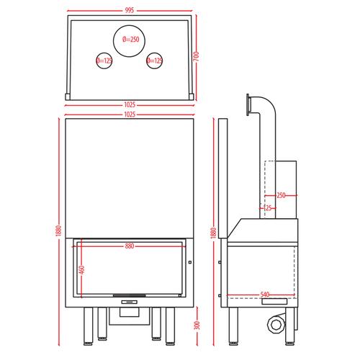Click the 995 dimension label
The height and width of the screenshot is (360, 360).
coord(130,10)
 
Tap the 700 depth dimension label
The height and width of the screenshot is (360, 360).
coord(196,56)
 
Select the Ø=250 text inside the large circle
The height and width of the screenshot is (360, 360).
coord(131,40)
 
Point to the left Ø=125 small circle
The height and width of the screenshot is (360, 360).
coord(104,60)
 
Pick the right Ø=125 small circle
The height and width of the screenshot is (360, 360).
coord(155,60)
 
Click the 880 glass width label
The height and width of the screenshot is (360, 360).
coord(130,246)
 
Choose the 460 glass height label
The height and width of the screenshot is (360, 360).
coord(82,270)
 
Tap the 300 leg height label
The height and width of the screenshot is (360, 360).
coord(197,325)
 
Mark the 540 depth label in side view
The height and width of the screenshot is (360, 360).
coord(265,294)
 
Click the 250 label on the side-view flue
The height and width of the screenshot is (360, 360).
coord(281,195)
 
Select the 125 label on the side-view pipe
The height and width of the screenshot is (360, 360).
coord(267,208)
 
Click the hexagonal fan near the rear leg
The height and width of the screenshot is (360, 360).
coord(276,325)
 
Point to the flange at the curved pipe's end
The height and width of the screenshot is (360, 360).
coord(248,105)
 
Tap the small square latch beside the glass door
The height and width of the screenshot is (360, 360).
coord(190,262)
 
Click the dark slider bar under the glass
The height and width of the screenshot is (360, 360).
coord(130,295)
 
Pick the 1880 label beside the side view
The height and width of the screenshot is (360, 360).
coord(213,233)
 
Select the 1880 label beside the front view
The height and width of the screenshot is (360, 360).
coord(58,231)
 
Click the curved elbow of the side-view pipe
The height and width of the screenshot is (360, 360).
coord(269,102)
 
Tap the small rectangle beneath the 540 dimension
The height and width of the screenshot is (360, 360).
coord(274,302)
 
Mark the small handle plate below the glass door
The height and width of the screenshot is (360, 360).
coord(130,302)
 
